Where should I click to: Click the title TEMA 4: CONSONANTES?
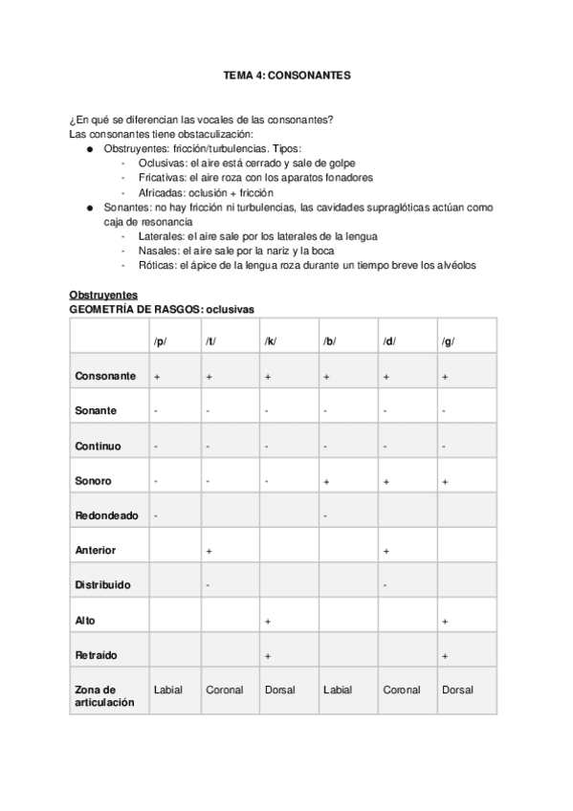[x=286, y=75]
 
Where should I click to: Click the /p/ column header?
[x=160, y=341]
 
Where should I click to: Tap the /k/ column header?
[x=270, y=341]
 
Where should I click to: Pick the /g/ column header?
[x=447, y=341]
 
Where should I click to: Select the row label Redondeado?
[x=106, y=515]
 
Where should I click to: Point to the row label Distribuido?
[x=103, y=584]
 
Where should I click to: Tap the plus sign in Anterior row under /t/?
[x=209, y=551]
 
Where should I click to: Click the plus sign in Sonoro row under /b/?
[x=327, y=482]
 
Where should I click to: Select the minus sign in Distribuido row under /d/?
[x=385, y=585]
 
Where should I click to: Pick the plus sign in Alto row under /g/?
[x=446, y=621]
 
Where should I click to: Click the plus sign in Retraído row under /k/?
[x=268, y=656]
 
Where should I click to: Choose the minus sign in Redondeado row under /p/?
[x=156, y=516]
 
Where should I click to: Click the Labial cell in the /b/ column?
[x=337, y=689]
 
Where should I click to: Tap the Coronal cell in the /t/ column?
[x=224, y=689]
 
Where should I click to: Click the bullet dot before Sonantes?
[x=89, y=208]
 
